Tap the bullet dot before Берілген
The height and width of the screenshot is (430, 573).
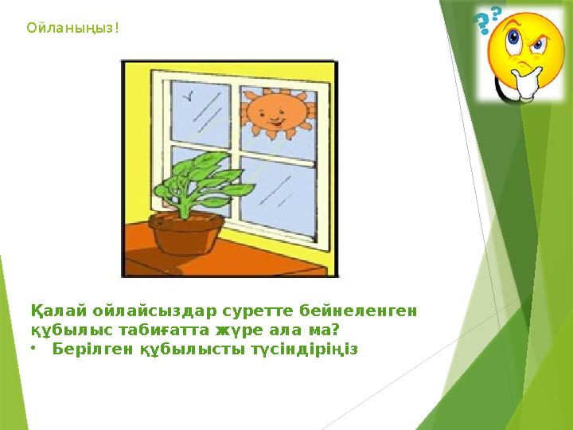pyautogui.click(x=34, y=349)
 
